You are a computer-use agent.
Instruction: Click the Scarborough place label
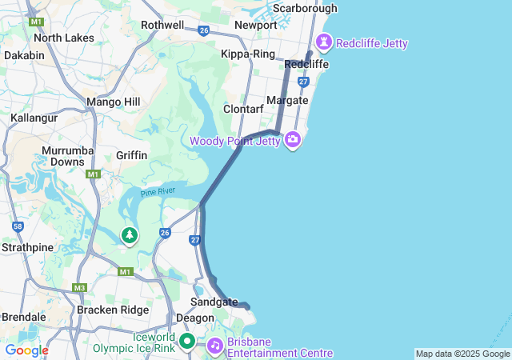305,8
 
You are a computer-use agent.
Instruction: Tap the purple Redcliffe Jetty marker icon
325,40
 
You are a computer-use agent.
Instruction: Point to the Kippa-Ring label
247,54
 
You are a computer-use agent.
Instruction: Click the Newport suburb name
255,25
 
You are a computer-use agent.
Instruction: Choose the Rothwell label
162,25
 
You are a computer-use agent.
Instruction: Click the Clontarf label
243,108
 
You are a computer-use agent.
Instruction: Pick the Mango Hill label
113,102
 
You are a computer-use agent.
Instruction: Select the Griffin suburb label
131,154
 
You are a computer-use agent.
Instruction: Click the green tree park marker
129,235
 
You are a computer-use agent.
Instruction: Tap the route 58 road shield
17,227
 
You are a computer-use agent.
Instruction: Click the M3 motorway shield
79,287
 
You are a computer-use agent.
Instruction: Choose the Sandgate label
214,302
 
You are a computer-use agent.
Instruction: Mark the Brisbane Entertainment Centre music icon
214,346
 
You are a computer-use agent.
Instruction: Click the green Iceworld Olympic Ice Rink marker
187,342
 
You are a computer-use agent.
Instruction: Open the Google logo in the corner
26,350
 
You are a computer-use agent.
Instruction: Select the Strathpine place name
28,247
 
